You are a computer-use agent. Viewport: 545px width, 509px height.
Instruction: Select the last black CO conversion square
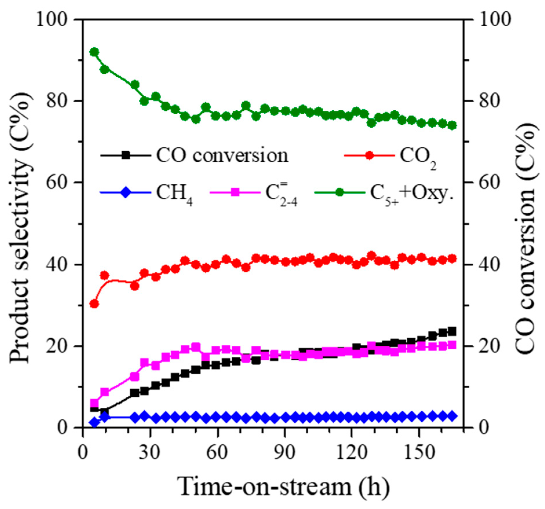click(452, 331)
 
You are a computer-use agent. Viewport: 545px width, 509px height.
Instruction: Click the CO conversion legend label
click(222, 155)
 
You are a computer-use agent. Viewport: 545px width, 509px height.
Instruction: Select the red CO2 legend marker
click(369, 155)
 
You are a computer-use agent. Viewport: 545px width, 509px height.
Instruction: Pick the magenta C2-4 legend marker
click(235, 192)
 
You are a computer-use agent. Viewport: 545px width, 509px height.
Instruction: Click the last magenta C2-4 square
click(452, 345)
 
